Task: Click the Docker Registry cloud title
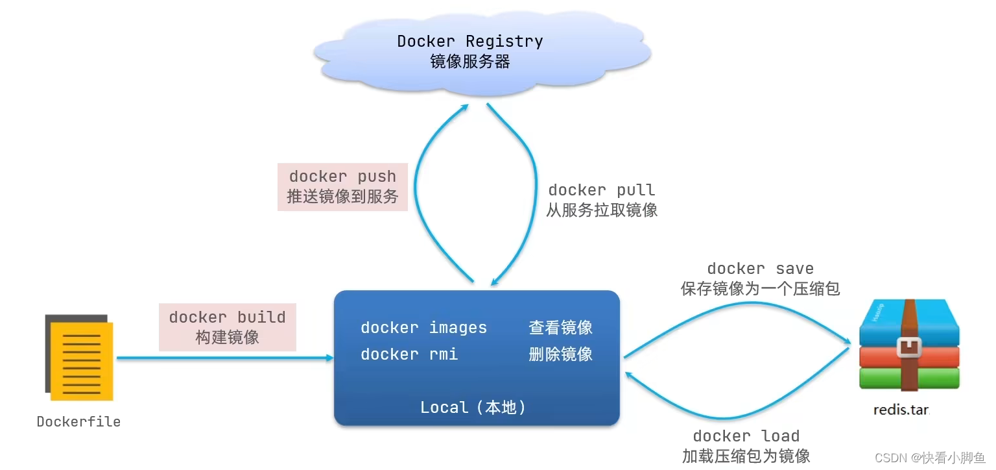coord(470,42)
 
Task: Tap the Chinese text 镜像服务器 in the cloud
coord(470,62)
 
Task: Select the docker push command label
coord(342,177)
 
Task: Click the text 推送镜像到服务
coord(342,197)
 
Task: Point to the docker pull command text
coord(602,190)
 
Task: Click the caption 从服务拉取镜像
coord(602,210)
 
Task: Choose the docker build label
coord(227,317)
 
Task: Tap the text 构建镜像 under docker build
coord(227,338)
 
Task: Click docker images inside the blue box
coord(423,328)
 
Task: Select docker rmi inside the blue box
coord(409,354)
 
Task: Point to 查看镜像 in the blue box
coord(560,328)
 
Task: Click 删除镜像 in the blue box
coord(560,354)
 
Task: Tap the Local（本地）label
coord(473,408)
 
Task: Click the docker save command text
coord(760,269)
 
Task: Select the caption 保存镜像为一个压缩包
coord(760,289)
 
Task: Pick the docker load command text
coord(746,436)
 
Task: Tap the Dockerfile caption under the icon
coord(78,422)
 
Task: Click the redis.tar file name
coord(902,410)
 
